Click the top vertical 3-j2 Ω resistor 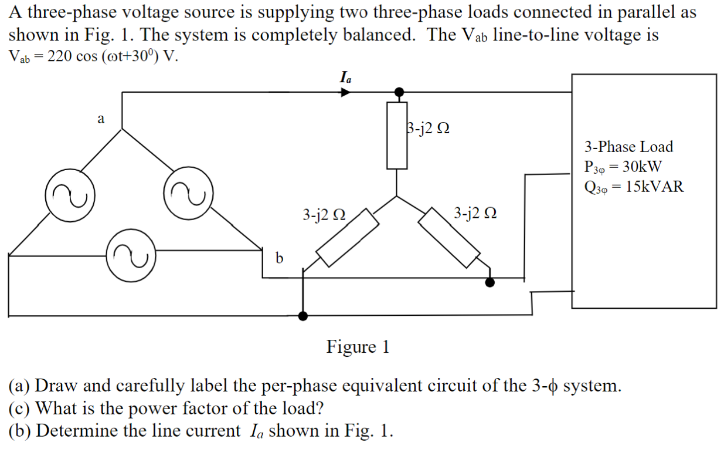coord(397,135)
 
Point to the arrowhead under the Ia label coord(346,92)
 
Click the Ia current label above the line coord(346,76)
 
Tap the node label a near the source coord(101,119)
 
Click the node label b coord(279,258)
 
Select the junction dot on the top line coord(399,92)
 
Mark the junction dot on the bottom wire coord(303,316)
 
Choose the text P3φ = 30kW coord(623,167)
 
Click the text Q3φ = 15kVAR coord(634,187)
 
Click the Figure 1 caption coord(358,347)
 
